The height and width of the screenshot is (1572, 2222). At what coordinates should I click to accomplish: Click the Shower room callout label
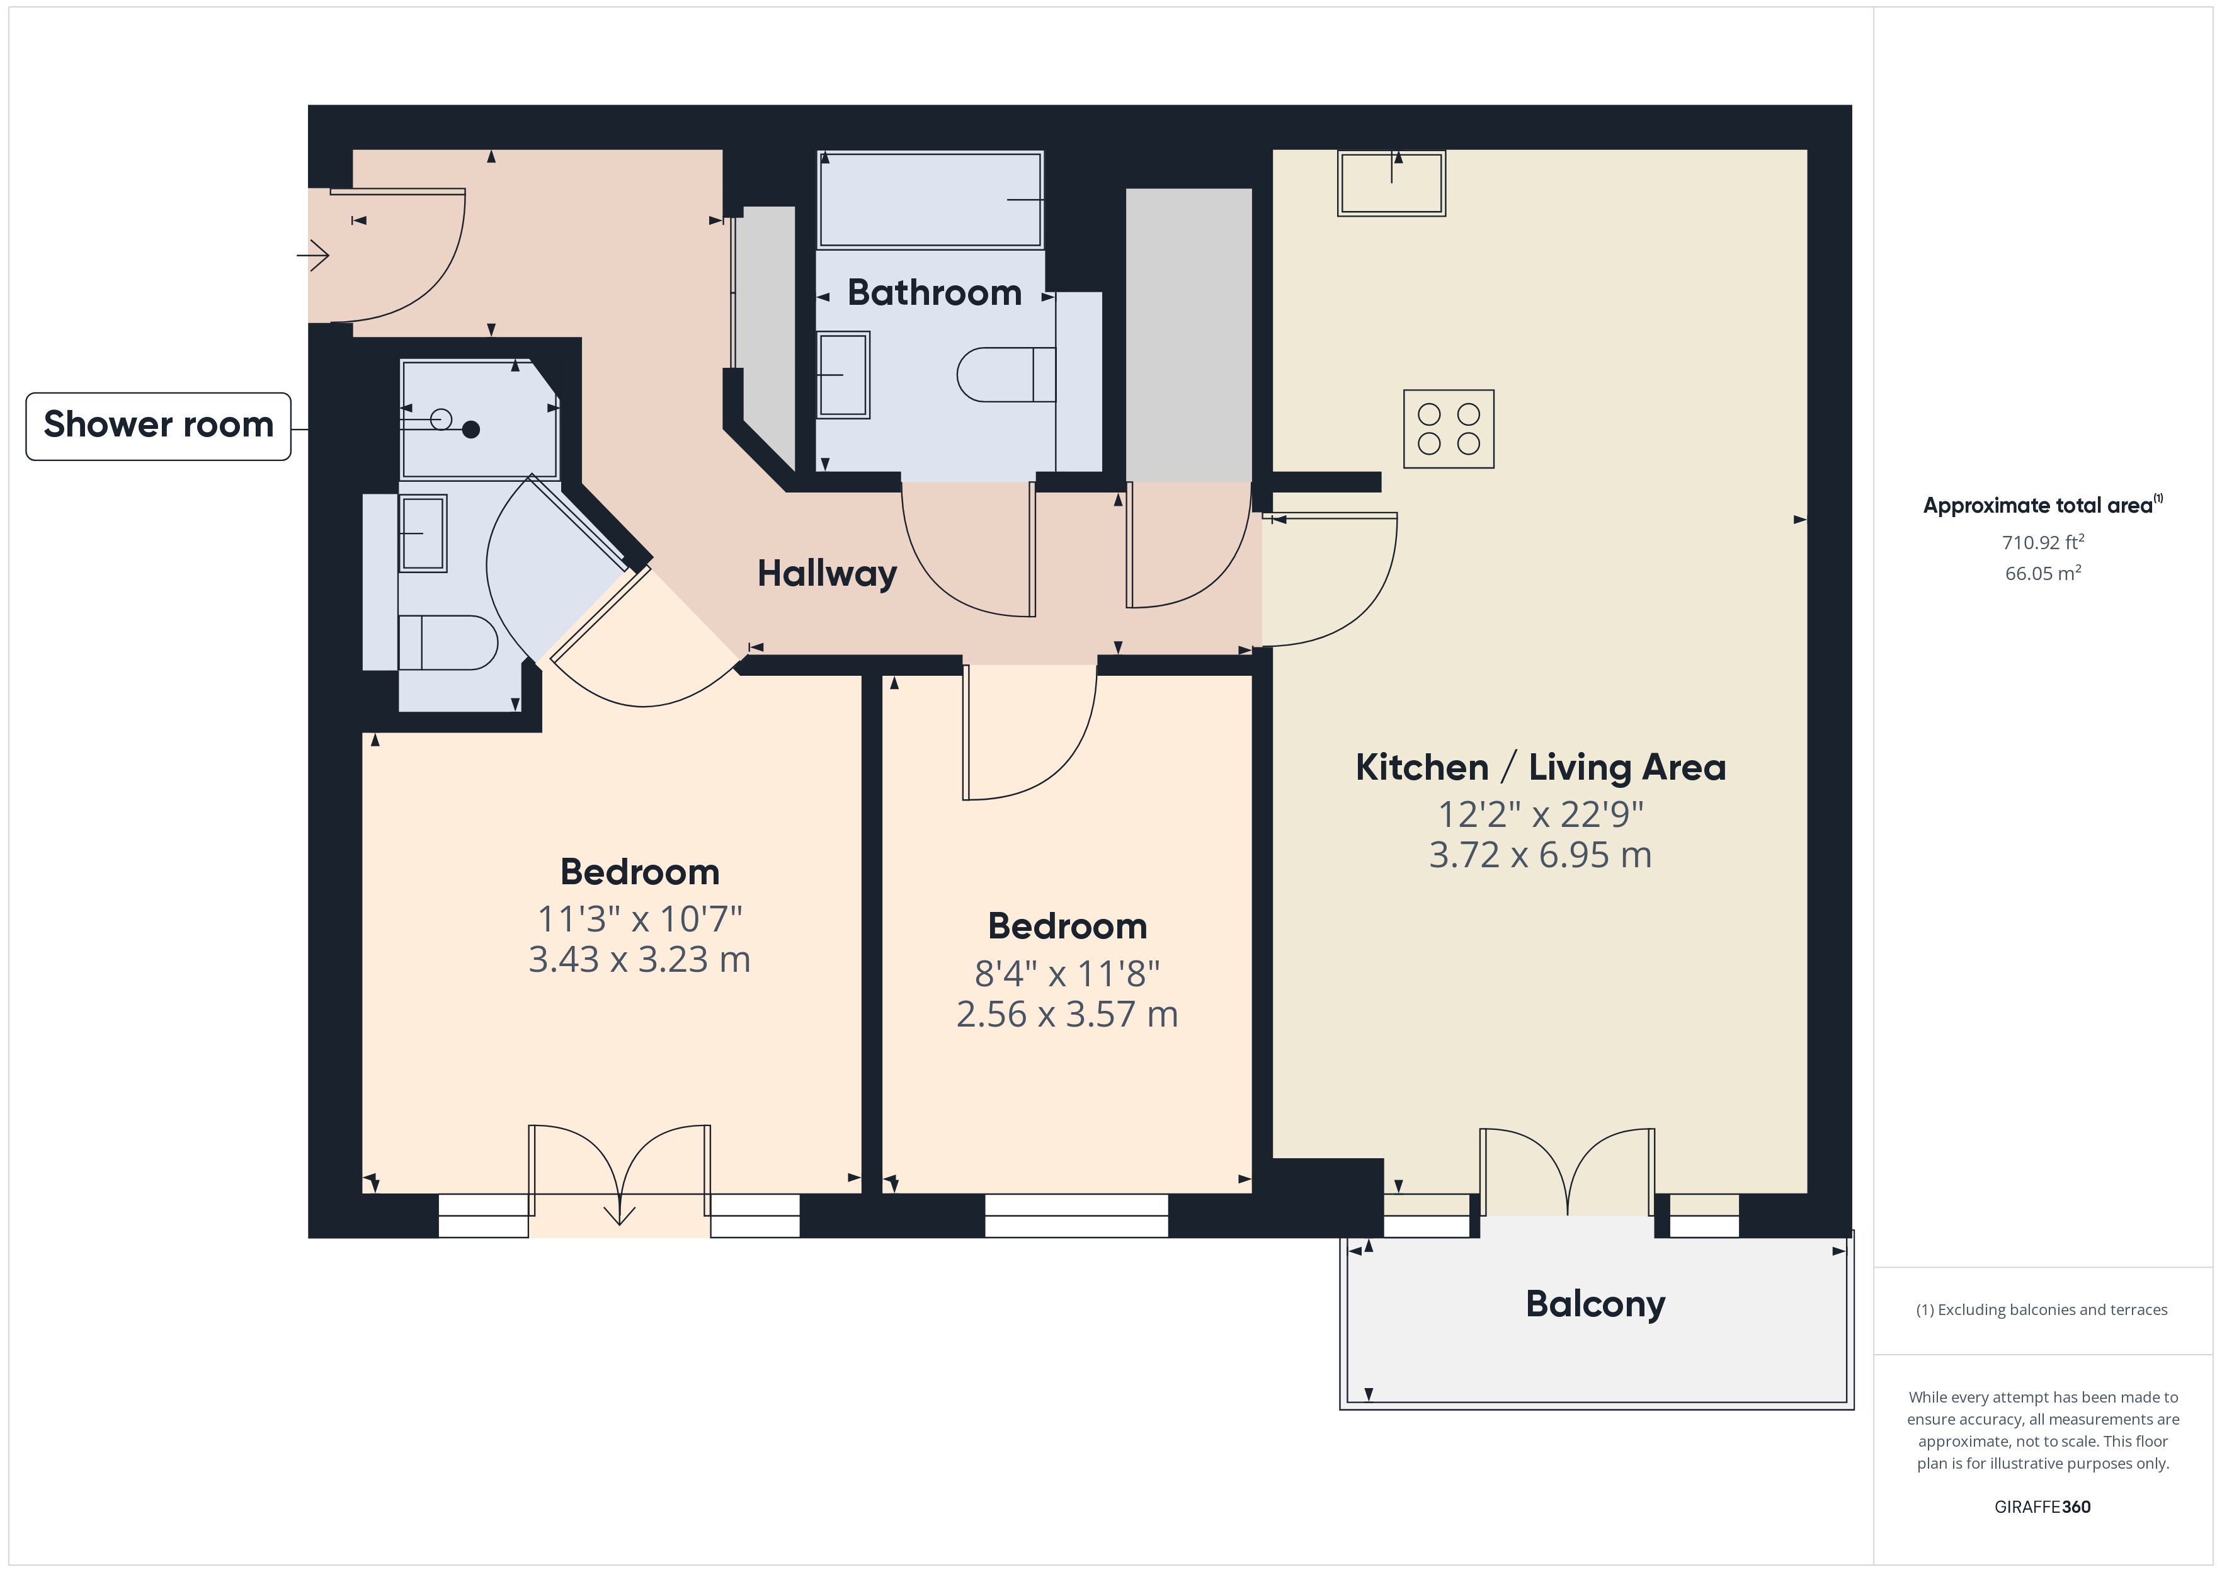click(157, 426)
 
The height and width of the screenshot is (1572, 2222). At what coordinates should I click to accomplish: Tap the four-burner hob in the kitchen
click(1448, 429)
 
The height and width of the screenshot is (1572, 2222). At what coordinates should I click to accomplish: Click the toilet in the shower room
click(448, 643)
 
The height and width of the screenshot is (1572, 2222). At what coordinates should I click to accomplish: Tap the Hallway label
click(826, 573)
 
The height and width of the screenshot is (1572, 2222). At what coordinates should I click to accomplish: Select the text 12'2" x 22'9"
click(1540, 814)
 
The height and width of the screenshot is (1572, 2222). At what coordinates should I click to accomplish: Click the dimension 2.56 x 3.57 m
click(1066, 1015)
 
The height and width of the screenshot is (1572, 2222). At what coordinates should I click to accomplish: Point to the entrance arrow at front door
click(314, 256)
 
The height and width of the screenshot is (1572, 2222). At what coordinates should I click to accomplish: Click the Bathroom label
click(934, 292)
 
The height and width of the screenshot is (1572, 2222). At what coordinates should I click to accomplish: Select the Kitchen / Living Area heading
click(1540, 768)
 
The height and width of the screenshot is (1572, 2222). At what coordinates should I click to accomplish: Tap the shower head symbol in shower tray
click(470, 430)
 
